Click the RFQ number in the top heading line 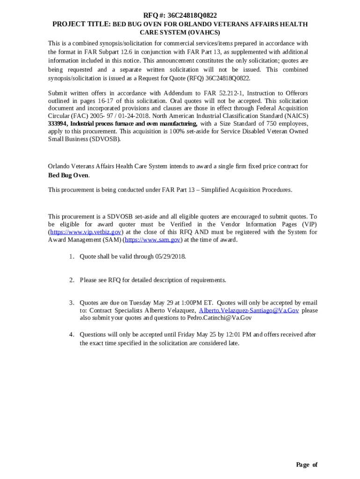(x=193, y=15)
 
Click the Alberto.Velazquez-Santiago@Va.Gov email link (x=249, y=311)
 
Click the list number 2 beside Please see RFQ (x=72, y=280)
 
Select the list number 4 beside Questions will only (x=72, y=334)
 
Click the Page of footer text (x=307, y=464)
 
